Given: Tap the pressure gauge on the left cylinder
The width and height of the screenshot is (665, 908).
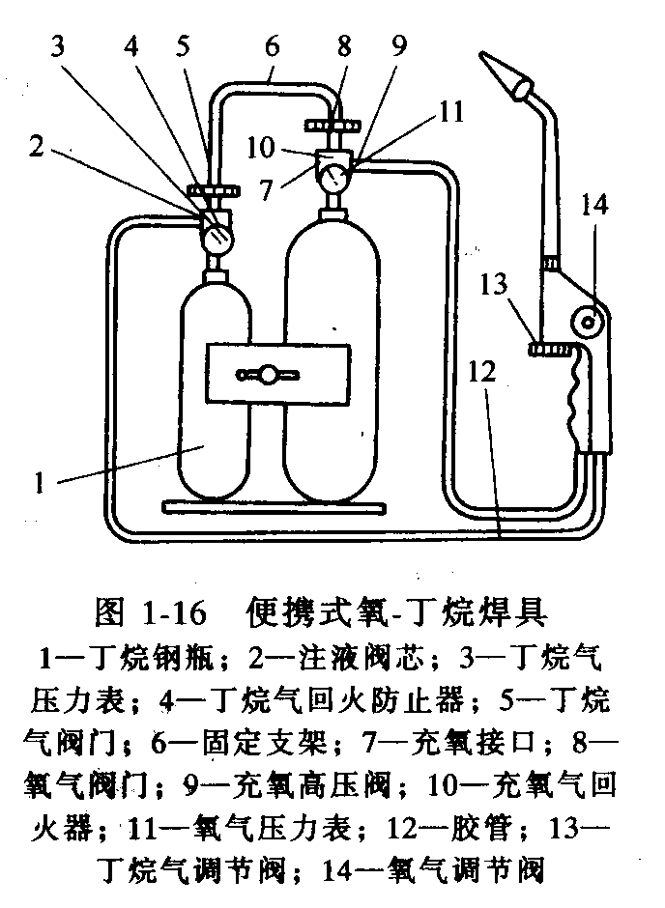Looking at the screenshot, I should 218,234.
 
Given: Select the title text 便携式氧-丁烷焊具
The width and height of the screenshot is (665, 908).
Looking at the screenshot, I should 398,611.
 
